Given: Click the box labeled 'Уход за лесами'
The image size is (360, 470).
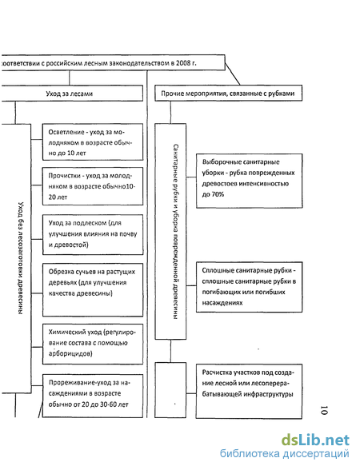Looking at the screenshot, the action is pyautogui.click(x=72, y=94).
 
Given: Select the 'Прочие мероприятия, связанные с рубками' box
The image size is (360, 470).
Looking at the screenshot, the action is pyautogui.click(x=228, y=94).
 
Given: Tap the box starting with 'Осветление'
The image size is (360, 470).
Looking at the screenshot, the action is pyautogui.click(x=93, y=141).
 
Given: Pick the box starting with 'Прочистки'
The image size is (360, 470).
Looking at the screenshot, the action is pyautogui.click(x=93, y=186).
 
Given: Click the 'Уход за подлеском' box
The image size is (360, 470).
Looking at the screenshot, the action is pyautogui.click(x=93, y=234).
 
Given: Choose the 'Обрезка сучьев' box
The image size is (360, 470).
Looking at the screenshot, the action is pyautogui.click(x=93, y=290).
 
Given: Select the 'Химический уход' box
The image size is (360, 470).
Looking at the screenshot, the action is pyautogui.click(x=93, y=344).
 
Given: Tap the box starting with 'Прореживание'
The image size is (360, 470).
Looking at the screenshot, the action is pyautogui.click(x=93, y=396).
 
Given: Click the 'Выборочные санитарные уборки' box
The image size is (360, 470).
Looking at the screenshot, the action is pyautogui.click(x=250, y=181).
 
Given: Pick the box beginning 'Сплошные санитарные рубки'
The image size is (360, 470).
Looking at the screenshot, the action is pyautogui.click(x=250, y=287).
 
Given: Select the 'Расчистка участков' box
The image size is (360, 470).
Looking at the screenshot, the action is pyautogui.click(x=250, y=391).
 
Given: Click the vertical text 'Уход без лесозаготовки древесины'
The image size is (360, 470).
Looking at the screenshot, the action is pyautogui.click(x=21, y=258).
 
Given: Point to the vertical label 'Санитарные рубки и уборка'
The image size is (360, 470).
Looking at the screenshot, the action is pyautogui.click(x=176, y=232).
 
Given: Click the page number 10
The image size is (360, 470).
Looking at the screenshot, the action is pyautogui.click(x=324, y=410).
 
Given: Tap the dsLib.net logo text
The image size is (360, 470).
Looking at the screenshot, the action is pyautogui.click(x=315, y=440).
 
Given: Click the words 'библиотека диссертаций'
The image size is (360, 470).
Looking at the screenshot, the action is pyautogui.click(x=285, y=453).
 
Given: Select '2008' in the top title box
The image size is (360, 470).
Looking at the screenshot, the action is pyautogui.click(x=183, y=63).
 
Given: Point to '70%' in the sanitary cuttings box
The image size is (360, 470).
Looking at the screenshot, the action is pyautogui.click(x=217, y=194).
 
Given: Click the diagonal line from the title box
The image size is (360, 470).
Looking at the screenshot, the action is pyautogui.click(x=233, y=74).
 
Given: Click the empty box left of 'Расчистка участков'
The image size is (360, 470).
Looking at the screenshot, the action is pyautogui.click(x=170, y=390).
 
